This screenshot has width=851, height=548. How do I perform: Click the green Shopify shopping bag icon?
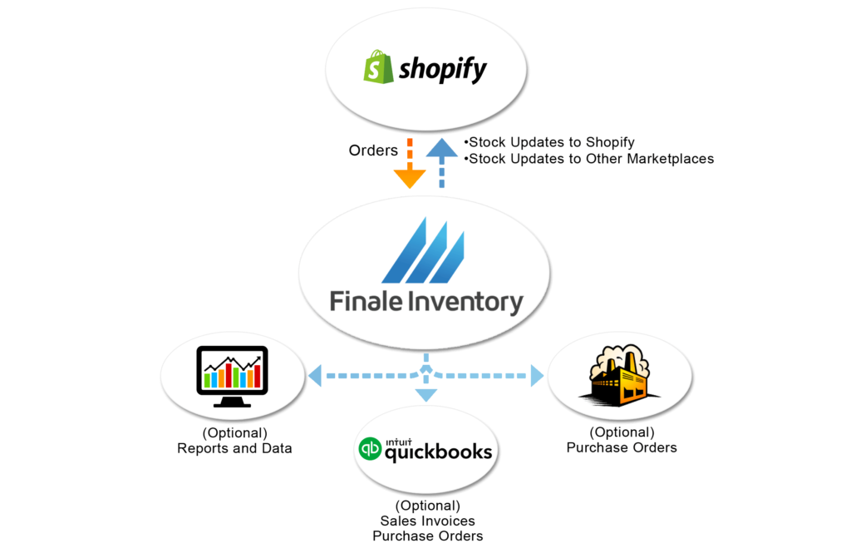tap(378, 67)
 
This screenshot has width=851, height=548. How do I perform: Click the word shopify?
tap(442, 71)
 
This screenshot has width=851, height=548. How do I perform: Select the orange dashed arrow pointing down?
tap(409, 166)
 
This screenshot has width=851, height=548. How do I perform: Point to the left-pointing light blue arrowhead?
tap(315, 376)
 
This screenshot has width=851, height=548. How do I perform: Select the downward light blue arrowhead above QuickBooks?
tap(425, 395)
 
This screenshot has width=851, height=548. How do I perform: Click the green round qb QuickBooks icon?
tap(369, 450)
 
